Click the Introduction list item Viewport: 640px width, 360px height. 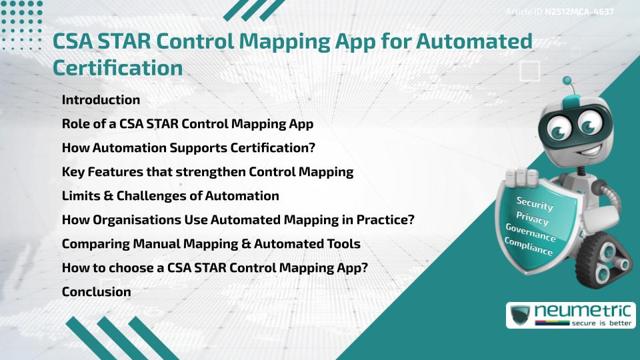coord(101,100)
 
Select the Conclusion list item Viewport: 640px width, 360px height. coord(96,291)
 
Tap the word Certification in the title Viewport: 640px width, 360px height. coord(117,67)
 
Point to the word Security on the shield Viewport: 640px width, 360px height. coord(535,203)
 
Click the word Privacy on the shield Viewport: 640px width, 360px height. coord(533,219)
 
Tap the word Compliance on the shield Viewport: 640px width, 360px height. coord(529,247)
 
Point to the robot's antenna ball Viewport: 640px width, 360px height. coord(567,81)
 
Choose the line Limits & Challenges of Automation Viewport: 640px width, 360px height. coord(170,196)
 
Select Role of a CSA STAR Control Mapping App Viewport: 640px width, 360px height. coord(187,124)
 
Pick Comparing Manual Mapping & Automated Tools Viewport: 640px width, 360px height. coord(211,244)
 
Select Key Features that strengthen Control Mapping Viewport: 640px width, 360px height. coord(207,172)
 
